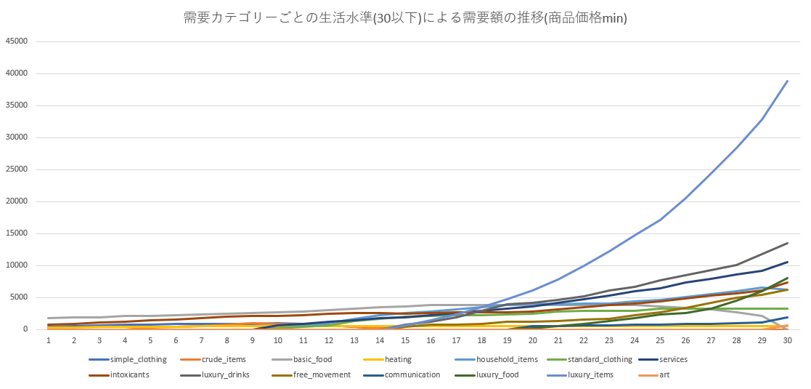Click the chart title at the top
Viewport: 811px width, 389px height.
tap(405, 17)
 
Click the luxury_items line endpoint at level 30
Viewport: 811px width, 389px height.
tap(787, 81)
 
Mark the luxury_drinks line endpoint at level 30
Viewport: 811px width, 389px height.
tap(787, 243)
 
